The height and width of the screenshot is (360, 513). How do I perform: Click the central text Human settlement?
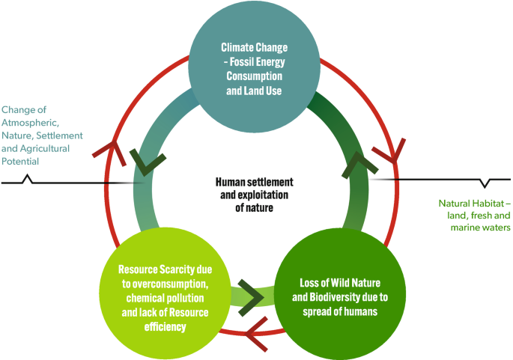[254, 182]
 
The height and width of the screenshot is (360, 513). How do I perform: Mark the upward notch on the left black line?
[28, 179]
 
